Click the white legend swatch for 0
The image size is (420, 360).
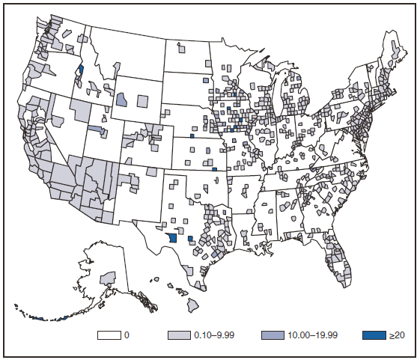point(109,335)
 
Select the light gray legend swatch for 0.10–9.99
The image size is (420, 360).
point(178,335)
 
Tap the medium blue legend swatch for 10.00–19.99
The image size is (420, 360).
point(273,335)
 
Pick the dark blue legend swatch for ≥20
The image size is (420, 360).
point(368,335)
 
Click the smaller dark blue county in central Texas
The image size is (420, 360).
point(190,240)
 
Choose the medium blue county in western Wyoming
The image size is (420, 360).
point(121,100)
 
